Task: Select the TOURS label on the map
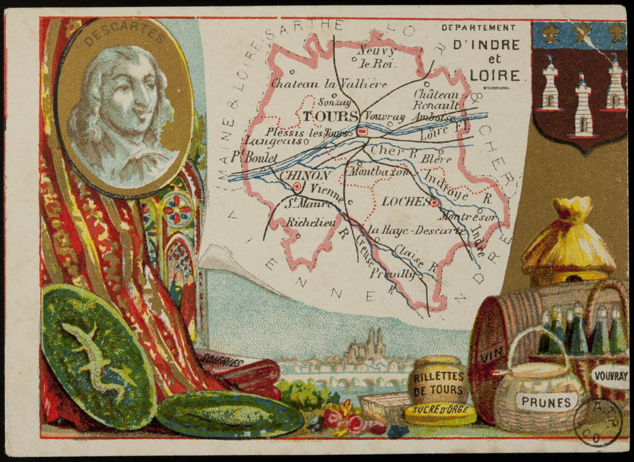(330, 117)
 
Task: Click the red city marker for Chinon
(297, 187)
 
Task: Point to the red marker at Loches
(434, 203)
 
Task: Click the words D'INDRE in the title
(486, 45)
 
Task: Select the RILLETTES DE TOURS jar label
(439, 383)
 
